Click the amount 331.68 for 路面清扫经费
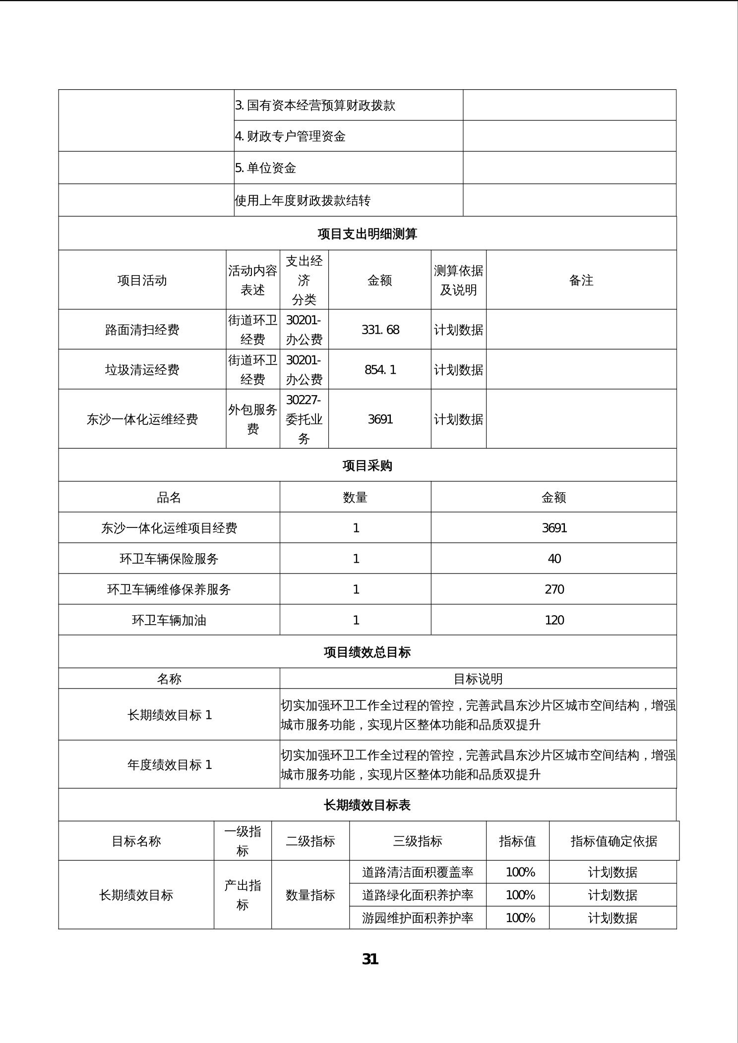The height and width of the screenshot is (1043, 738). click(x=380, y=330)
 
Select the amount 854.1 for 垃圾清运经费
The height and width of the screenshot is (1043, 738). click(x=380, y=369)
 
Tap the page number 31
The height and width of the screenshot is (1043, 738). click(x=370, y=959)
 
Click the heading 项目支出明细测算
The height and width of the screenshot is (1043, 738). click(x=367, y=233)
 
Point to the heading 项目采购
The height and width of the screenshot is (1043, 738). click(x=367, y=465)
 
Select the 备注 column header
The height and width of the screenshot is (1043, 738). click(x=581, y=280)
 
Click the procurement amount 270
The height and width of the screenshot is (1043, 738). click(x=554, y=589)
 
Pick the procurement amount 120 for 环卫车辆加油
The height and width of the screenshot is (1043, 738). click(x=554, y=620)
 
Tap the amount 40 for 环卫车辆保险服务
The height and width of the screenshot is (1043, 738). click(x=554, y=559)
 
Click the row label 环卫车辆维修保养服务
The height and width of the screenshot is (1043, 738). click(x=169, y=589)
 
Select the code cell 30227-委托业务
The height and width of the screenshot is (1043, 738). click(x=304, y=419)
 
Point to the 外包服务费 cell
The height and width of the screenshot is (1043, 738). click(x=252, y=419)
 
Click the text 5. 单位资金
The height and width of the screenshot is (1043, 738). click(x=265, y=168)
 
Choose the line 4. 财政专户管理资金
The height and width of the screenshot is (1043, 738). click(x=290, y=136)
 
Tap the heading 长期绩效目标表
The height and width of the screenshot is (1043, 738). click(x=367, y=805)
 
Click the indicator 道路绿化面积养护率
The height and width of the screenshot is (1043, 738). click(x=417, y=895)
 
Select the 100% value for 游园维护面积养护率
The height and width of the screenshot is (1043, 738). click(x=520, y=918)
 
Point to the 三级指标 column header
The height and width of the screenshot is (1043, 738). click(x=417, y=841)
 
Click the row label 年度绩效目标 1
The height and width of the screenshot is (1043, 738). click(x=169, y=764)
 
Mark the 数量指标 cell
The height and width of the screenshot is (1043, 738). click(x=310, y=895)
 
